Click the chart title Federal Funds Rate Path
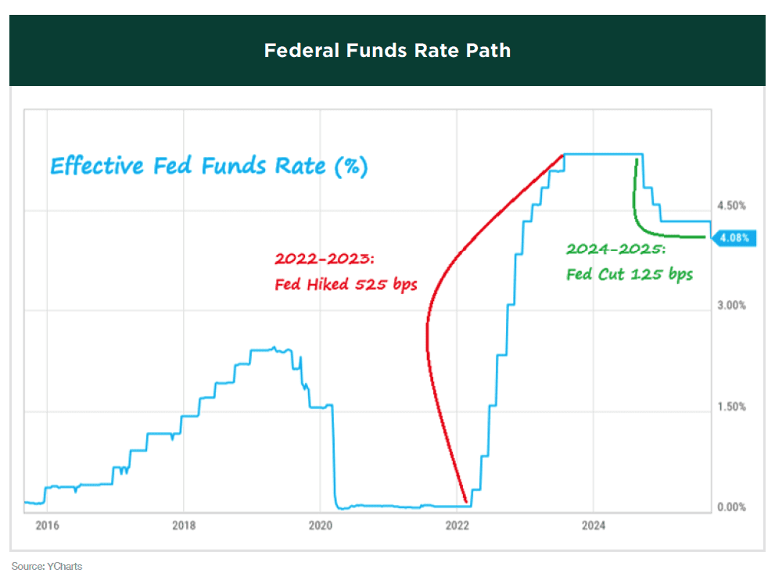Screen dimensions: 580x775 (x=387, y=51)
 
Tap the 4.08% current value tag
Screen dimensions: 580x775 (x=734, y=238)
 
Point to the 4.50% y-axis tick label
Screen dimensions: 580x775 (x=732, y=206)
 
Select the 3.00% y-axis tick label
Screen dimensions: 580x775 (x=732, y=306)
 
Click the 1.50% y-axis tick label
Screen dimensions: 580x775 (x=732, y=406)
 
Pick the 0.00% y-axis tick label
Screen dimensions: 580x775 (x=732, y=507)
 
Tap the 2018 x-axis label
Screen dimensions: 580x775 (x=183, y=525)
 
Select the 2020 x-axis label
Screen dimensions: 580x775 (x=321, y=525)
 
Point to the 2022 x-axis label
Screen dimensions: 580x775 (x=457, y=525)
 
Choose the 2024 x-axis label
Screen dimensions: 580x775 (x=594, y=525)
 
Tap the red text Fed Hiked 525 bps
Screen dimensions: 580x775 (x=346, y=284)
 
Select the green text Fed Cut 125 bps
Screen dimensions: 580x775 (x=629, y=274)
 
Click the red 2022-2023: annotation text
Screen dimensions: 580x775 (x=325, y=259)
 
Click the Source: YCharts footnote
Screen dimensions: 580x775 (x=47, y=566)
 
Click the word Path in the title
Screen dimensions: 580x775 (x=490, y=51)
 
